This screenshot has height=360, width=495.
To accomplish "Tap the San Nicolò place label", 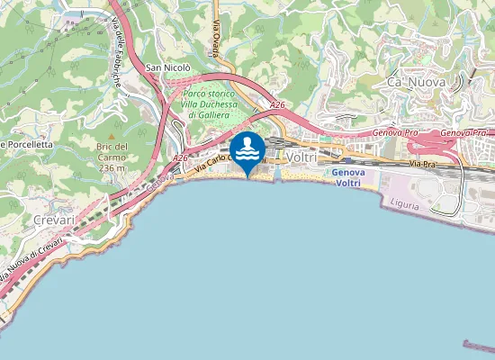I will coord(168,67).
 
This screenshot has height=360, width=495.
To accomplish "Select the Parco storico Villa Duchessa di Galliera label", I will coord(207,104).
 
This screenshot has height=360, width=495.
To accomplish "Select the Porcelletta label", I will coord(27,144).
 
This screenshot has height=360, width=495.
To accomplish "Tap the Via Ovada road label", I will coord(217,40).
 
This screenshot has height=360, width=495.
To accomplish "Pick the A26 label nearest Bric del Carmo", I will coord(180,158).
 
